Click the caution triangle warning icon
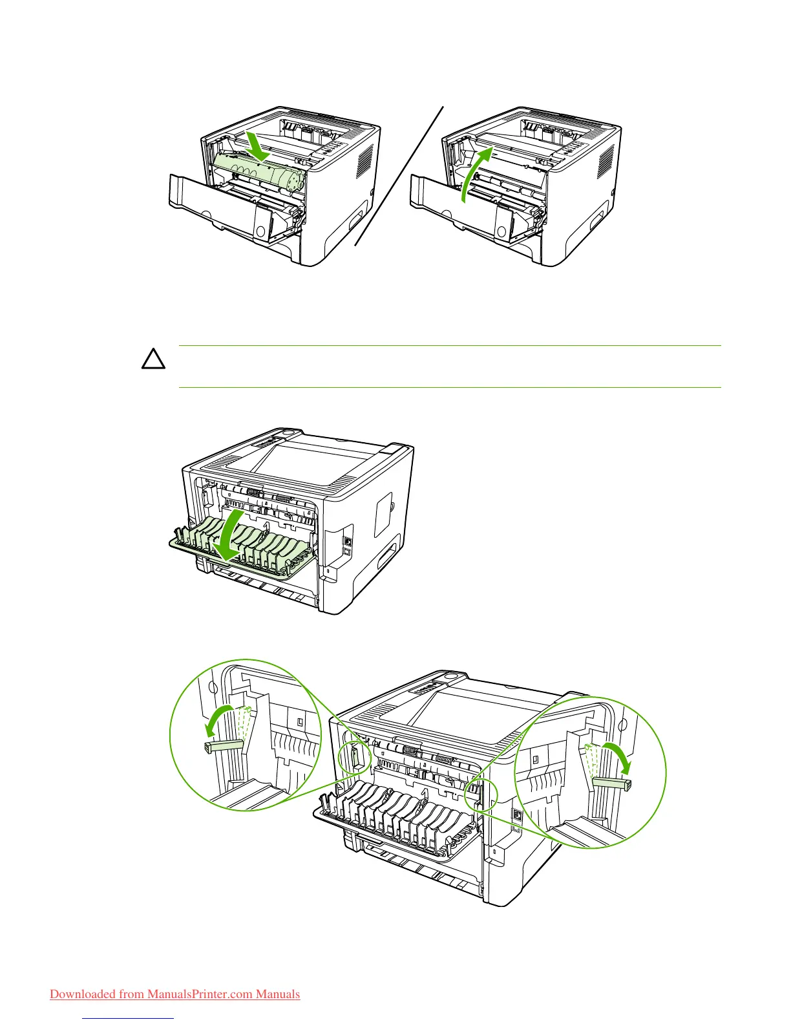pyautogui.click(x=154, y=359)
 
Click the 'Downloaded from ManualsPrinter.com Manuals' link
pyautogui.click(x=174, y=994)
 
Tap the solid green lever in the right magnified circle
pyautogui.click(x=611, y=783)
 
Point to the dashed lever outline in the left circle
pyautogui.click(x=244, y=723)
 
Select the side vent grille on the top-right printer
pyautogui.click(x=606, y=162)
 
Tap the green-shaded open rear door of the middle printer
pyautogui.click(x=242, y=540)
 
